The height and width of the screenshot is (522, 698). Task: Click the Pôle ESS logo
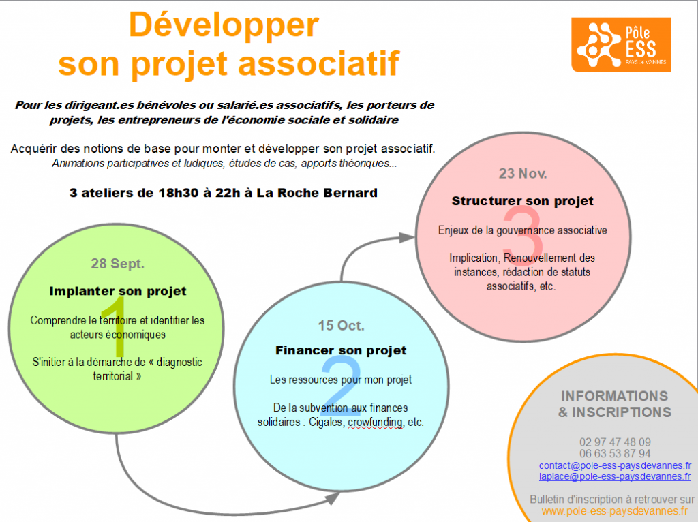[x=621, y=44]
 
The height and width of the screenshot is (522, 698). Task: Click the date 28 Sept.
[x=117, y=264]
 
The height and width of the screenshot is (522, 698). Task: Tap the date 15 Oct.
[x=341, y=325]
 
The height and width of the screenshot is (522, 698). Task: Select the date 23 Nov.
[x=523, y=173]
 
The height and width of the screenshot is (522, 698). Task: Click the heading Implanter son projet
[x=117, y=291]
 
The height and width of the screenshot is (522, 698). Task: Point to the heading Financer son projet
[x=341, y=350]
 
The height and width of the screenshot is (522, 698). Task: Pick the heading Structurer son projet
[x=523, y=201]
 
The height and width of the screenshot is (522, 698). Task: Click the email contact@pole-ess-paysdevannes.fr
[x=615, y=465]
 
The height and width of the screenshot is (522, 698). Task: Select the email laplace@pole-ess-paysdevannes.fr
[x=615, y=476]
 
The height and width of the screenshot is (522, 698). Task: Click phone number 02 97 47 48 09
[x=615, y=442]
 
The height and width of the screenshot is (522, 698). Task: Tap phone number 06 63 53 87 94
[x=615, y=453]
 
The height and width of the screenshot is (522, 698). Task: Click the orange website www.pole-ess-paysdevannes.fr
[x=615, y=511]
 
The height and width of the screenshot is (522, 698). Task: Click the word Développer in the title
[x=224, y=26]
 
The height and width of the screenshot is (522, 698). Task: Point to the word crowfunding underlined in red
[x=376, y=422]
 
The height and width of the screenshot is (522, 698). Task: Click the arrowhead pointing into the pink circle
[x=406, y=238]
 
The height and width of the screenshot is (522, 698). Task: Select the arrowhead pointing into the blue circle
[x=332, y=498]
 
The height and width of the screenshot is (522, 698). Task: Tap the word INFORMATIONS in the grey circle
[x=615, y=396]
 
